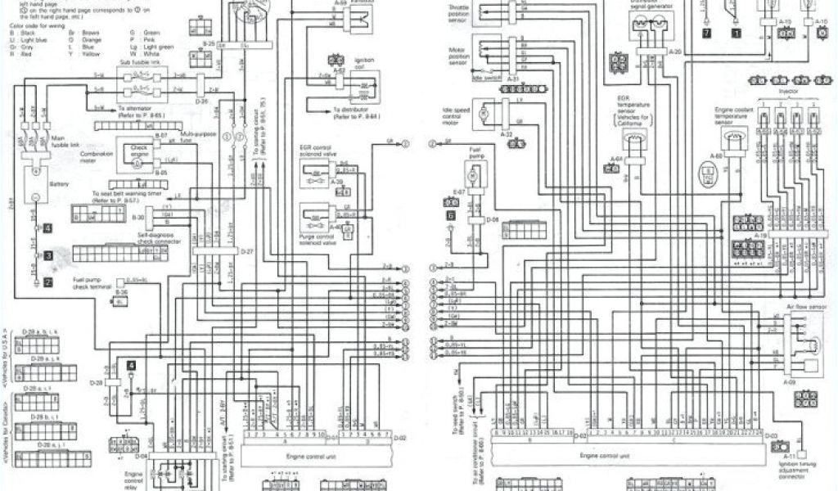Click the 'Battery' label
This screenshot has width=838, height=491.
point(58,185)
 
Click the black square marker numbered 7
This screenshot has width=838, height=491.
point(706,34)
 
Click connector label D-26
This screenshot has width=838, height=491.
point(204,101)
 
